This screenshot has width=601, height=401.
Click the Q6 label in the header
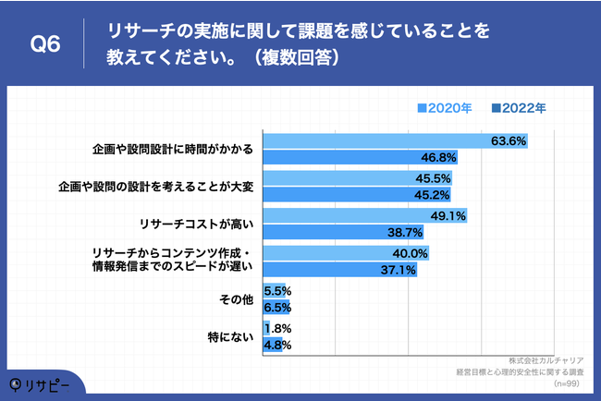point(45,43)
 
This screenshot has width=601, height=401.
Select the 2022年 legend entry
point(519,107)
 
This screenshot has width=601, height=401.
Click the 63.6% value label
point(509,141)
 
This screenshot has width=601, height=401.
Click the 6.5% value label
point(278,307)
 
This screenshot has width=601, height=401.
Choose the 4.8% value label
point(278,345)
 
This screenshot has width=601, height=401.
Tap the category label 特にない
point(230,337)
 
